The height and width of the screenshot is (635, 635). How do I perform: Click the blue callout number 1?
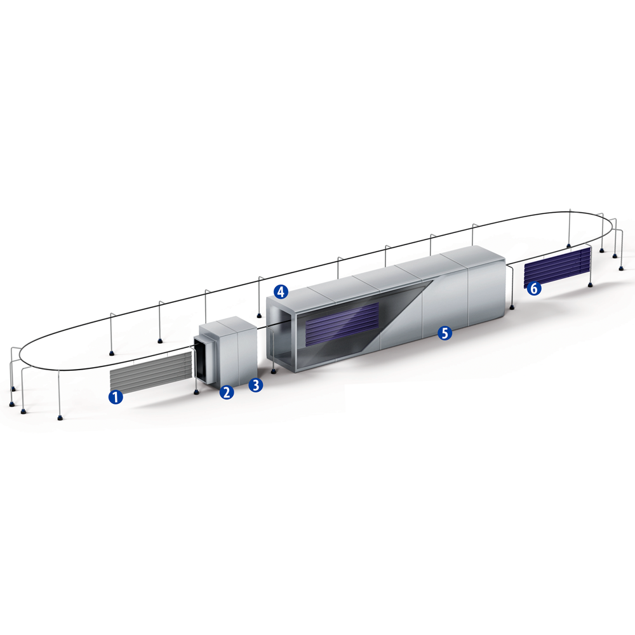(116, 398)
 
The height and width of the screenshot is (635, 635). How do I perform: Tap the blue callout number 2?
(227, 392)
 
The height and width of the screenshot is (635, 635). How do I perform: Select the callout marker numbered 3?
(255, 385)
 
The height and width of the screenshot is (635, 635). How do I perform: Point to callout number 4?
(281, 291)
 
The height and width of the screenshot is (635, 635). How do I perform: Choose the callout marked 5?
(444, 333)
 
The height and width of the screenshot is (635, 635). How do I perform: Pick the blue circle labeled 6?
(534, 289)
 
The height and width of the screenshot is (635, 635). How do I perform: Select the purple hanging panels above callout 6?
(558, 266)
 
